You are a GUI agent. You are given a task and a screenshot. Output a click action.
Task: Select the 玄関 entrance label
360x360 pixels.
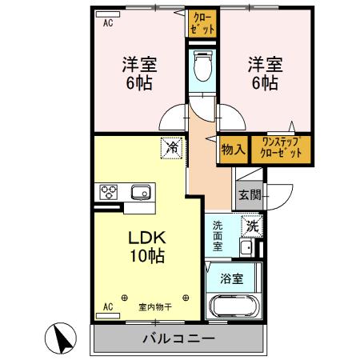(x=249, y=194)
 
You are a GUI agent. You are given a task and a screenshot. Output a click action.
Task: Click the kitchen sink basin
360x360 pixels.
(x=141, y=192)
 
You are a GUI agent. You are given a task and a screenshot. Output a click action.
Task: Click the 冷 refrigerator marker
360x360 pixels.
(x=170, y=146)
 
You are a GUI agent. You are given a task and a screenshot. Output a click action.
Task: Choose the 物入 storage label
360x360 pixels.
(x=233, y=149)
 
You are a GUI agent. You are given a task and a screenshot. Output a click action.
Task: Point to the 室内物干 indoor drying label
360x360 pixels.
(x=156, y=306)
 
